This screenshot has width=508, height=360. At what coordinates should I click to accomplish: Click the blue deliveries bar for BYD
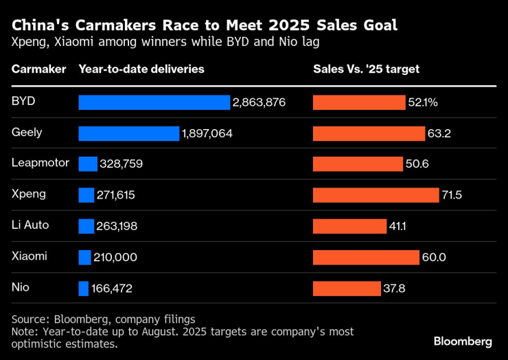click(154, 102)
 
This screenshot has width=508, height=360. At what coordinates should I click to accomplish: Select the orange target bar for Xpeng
click(376, 195)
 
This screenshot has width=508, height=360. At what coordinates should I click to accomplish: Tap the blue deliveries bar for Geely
click(128, 133)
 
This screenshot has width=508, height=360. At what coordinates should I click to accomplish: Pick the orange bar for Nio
click(347, 288)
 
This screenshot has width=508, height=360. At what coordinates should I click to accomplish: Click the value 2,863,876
click(259, 102)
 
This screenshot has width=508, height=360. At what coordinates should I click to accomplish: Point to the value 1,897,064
click(207, 133)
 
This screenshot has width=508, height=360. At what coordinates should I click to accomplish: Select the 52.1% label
click(423, 102)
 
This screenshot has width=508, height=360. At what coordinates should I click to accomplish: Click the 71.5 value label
click(452, 195)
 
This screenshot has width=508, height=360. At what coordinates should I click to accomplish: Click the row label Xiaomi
click(30, 256)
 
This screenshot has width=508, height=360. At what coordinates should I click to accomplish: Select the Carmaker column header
click(39, 69)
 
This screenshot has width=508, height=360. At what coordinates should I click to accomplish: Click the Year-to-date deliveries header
click(141, 69)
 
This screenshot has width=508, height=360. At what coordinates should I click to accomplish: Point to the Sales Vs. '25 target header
click(367, 69)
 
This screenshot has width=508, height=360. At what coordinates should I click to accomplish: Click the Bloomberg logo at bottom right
click(463, 341)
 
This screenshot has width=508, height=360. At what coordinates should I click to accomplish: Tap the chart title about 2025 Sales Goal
click(205, 26)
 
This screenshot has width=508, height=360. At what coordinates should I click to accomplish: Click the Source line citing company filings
click(104, 319)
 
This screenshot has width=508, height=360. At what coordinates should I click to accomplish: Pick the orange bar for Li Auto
click(349, 226)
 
